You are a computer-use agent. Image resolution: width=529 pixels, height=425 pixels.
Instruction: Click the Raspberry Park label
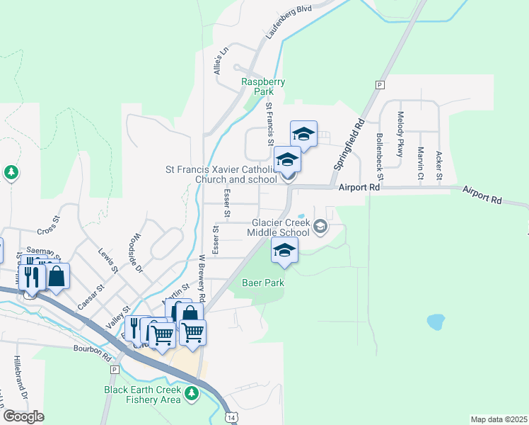coord(263,86)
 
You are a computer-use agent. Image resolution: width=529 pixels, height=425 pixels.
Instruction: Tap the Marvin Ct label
coord(420,163)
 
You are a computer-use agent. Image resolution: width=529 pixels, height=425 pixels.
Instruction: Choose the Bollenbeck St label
coord(380,154)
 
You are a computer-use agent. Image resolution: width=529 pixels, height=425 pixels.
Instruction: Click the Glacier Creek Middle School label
coord(279,227)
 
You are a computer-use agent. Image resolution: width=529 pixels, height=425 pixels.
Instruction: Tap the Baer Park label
coord(264,283)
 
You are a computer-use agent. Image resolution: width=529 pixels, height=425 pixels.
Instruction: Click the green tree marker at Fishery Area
coord(190,393)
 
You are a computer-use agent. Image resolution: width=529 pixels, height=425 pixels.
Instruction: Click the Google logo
coord(23,416)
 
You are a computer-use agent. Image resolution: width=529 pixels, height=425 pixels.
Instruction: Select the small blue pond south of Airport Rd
coord(436,322)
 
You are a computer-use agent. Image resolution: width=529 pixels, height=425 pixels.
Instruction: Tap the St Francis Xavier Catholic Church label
coord(221,174)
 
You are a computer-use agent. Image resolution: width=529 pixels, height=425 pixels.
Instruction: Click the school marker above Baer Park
coord(284,251)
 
